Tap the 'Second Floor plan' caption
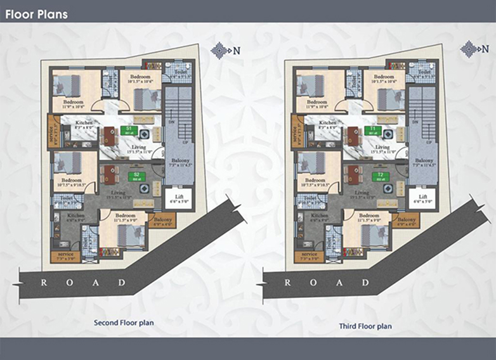(x=124, y=323)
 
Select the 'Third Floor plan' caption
(x=366, y=326)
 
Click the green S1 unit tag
(x=128, y=130)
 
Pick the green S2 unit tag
(x=136, y=176)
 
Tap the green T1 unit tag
(x=374, y=131)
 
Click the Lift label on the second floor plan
(x=179, y=197)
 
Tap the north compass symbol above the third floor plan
(x=469, y=48)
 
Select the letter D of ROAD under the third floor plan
(x=367, y=282)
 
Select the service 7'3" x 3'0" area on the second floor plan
(x=66, y=257)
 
